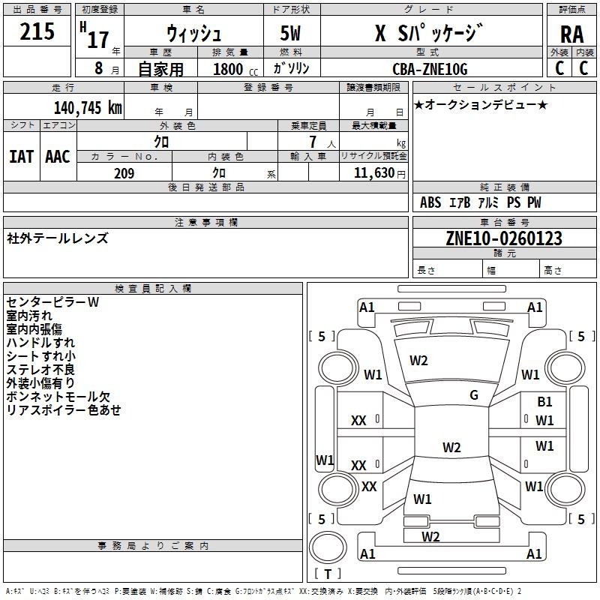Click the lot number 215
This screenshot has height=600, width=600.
pyautogui.click(x=37, y=31)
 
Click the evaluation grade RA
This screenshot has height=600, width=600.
pyautogui.click(x=571, y=34)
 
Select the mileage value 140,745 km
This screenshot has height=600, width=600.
pyautogui.click(x=88, y=107)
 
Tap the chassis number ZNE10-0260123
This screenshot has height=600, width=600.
pyautogui.click(x=503, y=238)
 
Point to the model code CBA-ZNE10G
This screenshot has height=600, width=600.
pyautogui.click(x=430, y=69)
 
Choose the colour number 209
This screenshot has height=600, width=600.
pyautogui.click(x=124, y=173)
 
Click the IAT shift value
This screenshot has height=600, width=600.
pyautogui.click(x=21, y=156)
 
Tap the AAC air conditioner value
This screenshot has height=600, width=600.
pyautogui.click(x=58, y=156)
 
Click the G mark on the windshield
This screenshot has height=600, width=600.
pyautogui.click(x=473, y=395)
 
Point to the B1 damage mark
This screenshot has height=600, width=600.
pyautogui.click(x=544, y=403)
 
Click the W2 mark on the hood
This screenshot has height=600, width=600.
pyautogui.click(x=418, y=361)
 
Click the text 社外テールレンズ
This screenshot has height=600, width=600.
pyautogui.click(x=58, y=238)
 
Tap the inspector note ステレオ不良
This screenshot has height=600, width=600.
pyautogui.click(x=40, y=370)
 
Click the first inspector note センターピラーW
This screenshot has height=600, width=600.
pyautogui.click(x=52, y=302)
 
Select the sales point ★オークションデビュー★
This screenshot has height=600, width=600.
pyautogui.click(x=480, y=105)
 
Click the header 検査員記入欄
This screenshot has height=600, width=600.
pyautogui.click(x=153, y=289)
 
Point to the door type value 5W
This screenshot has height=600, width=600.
pyautogui.click(x=292, y=34)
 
